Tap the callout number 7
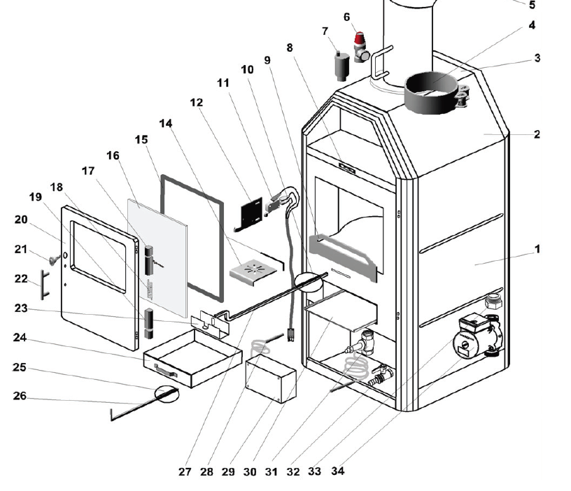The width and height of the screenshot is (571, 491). [325, 31]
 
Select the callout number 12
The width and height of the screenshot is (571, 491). [197, 103]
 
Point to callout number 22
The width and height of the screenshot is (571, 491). [21, 279]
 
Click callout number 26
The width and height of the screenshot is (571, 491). [20, 397]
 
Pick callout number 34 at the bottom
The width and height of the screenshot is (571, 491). [338, 471]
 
